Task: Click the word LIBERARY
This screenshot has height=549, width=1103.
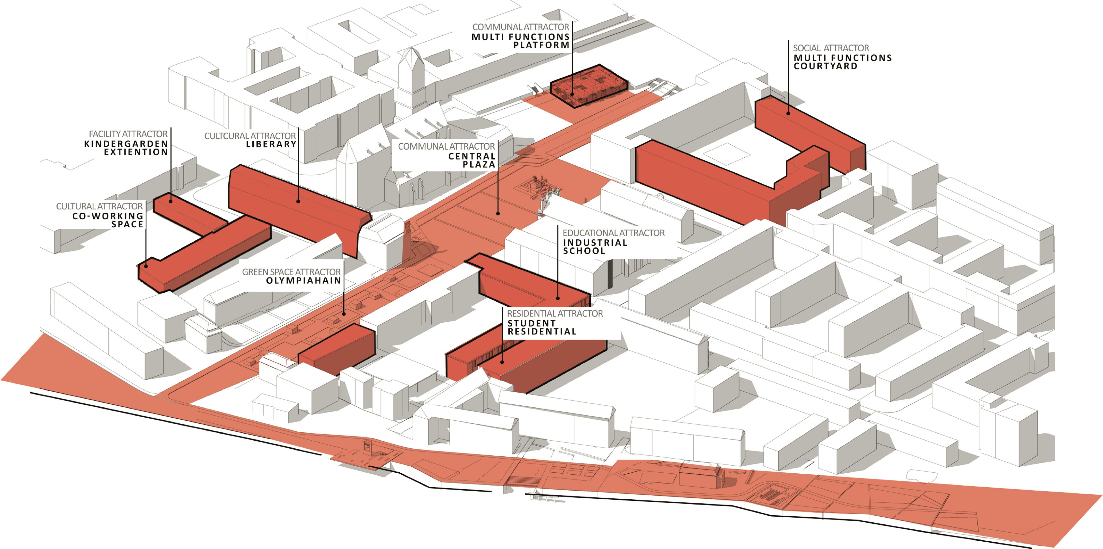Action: (271, 144)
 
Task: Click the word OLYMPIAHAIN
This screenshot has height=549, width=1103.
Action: (304, 281)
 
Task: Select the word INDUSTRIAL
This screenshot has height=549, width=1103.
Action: (595, 243)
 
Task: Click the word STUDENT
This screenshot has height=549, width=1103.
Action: (531, 324)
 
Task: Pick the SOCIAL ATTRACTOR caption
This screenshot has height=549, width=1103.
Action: (831, 48)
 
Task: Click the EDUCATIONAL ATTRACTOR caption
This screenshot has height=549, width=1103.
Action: (613, 233)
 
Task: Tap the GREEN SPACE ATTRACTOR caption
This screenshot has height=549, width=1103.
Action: (291, 272)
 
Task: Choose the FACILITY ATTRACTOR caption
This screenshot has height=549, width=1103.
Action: (128, 134)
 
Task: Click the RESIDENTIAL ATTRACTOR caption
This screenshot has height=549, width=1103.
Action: (554, 314)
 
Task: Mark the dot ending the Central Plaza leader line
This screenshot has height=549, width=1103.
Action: (498, 213)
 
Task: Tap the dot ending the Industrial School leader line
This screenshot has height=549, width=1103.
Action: (558, 298)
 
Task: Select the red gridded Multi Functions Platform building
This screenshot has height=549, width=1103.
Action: (589, 86)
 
